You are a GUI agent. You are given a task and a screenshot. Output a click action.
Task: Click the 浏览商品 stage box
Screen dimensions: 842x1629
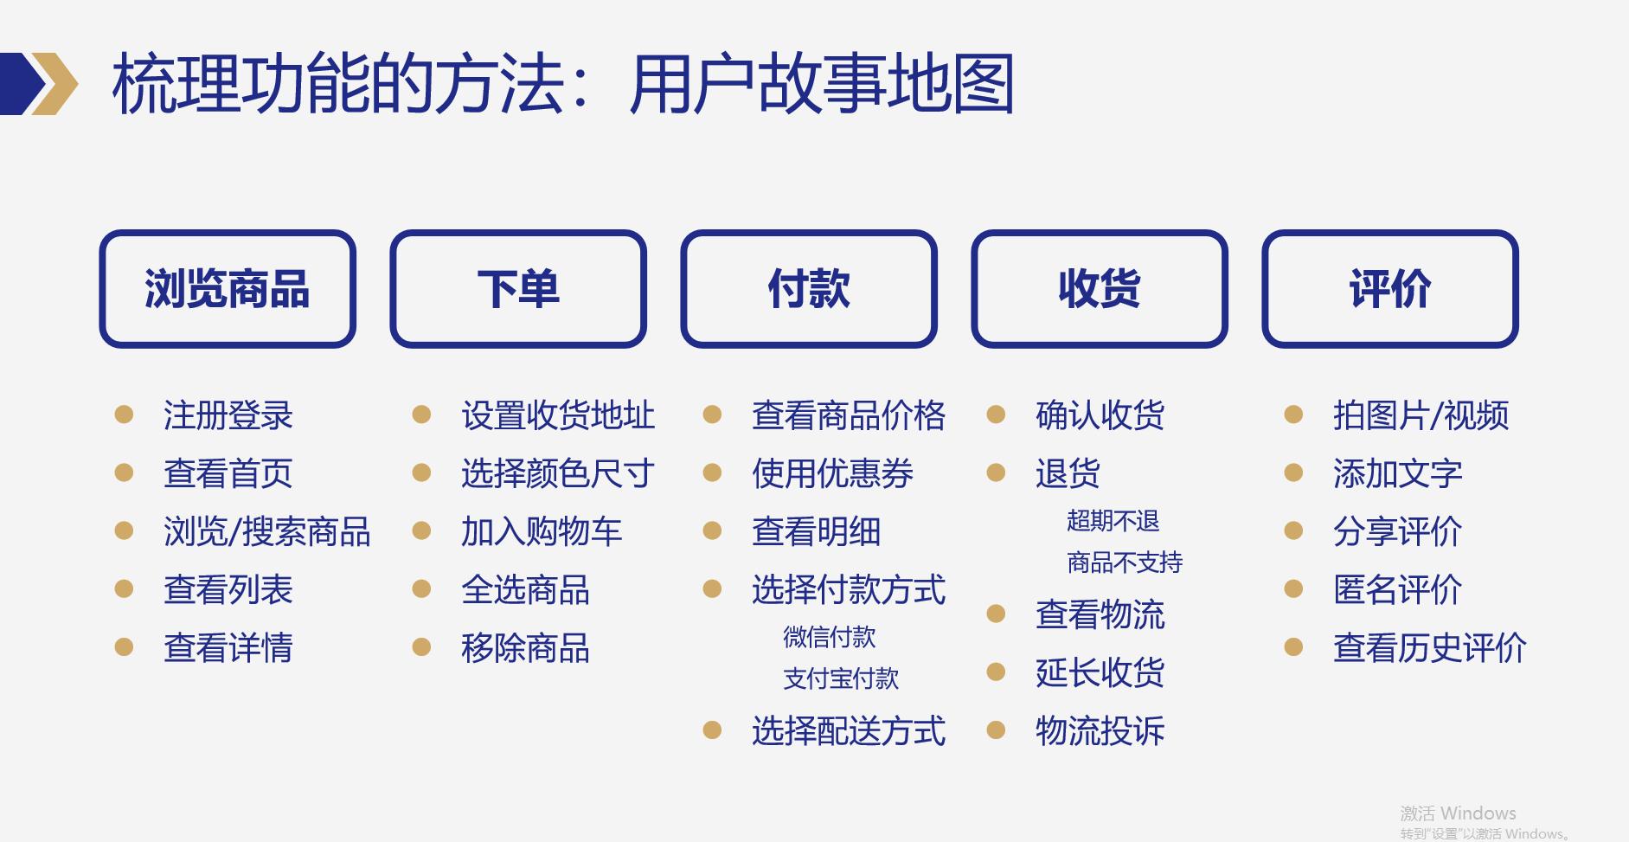coord(228,289)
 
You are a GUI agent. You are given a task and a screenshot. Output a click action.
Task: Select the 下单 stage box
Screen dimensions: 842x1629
coord(518,289)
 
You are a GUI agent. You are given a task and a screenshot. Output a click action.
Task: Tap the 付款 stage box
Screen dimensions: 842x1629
coord(809,289)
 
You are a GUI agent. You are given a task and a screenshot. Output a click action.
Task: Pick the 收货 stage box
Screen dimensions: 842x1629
coord(1100,289)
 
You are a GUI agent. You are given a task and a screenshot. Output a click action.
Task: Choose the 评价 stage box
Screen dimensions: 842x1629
coord(1390,289)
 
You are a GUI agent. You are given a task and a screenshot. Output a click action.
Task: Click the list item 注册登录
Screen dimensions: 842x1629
coord(228,415)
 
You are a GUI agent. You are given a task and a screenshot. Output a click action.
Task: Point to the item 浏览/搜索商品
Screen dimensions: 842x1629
coord(266,531)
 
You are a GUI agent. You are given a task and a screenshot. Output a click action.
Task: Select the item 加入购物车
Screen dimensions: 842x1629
coord(542,531)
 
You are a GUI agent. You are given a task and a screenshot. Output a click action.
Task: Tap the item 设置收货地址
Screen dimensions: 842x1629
coord(558,415)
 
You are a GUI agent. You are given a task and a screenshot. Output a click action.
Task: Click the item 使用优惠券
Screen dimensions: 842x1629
coord(832,473)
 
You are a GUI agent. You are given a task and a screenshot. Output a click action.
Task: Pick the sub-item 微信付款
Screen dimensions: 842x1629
coord(829,637)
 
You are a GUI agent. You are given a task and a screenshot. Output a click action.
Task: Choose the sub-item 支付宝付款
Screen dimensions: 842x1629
coord(841,678)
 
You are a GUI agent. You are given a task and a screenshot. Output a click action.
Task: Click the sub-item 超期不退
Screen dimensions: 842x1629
coord(1113,521)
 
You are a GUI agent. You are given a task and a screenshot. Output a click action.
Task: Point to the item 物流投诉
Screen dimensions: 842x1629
coord(1100,731)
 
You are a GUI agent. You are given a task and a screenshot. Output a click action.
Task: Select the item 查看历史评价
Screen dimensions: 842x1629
coord(1429,647)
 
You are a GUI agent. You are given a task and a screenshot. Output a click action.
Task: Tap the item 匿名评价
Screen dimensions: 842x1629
coord(1397,589)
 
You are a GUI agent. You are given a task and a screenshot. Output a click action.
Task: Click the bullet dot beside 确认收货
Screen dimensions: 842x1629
coord(997,415)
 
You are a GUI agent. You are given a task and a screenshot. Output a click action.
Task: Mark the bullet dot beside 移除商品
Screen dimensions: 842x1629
coord(421,647)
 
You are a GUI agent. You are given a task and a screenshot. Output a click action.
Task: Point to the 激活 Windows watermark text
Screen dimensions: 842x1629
coord(1458,813)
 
